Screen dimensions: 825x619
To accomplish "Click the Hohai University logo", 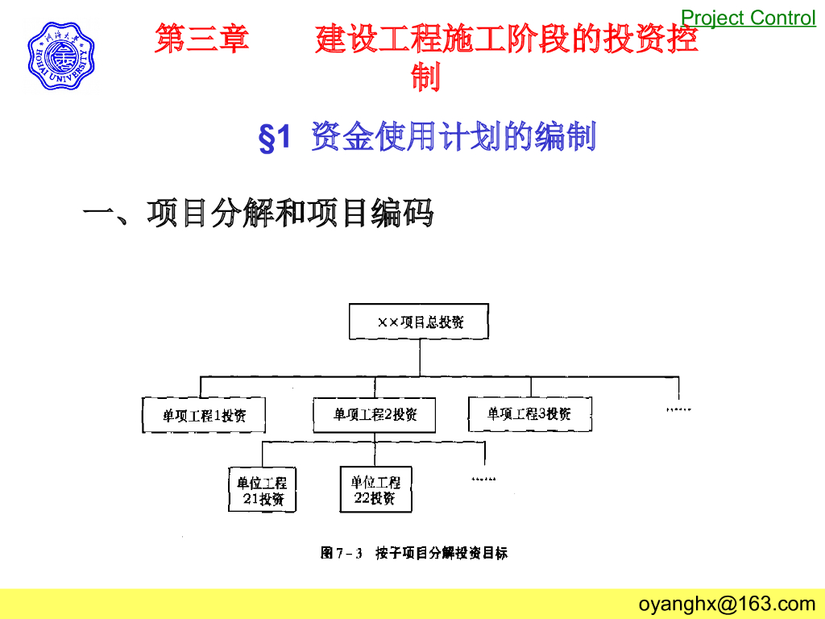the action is pyautogui.click(x=60, y=56).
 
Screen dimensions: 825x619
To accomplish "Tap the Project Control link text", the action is pyautogui.click(x=748, y=18).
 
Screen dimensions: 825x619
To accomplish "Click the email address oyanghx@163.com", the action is pyautogui.click(x=727, y=604).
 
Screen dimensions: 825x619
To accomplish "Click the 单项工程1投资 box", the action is pyautogui.click(x=204, y=415).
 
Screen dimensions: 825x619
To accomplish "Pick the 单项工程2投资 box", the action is pyautogui.click(x=375, y=415).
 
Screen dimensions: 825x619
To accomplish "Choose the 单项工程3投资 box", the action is pyautogui.click(x=529, y=413).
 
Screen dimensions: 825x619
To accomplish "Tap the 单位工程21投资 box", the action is pyautogui.click(x=262, y=490).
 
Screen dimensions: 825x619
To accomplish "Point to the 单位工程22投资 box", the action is pyautogui.click(x=375, y=489).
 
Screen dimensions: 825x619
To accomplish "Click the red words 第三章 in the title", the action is pyautogui.click(x=202, y=39).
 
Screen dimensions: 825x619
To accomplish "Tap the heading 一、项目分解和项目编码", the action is pyautogui.click(x=259, y=213).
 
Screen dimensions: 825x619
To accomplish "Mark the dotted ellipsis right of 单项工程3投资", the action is pyautogui.click(x=679, y=409).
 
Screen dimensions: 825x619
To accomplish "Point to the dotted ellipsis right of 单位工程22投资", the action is pyautogui.click(x=483, y=479).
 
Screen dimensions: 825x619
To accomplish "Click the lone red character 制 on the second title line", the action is pyautogui.click(x=425, y=78).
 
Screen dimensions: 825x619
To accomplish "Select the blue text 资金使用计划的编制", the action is pyautogui.click(x=453, y=137).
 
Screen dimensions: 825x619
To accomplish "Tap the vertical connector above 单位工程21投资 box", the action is pyautogui.click(x=263, y=454).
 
